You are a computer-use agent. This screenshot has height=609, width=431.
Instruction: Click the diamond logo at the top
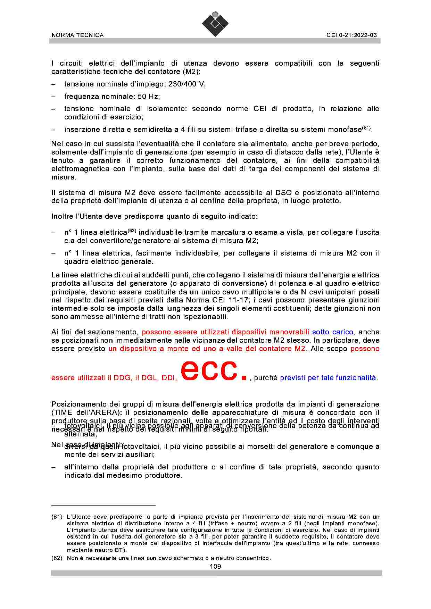pos(215,24)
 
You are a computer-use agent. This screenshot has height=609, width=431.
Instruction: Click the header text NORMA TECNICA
pos(77,35)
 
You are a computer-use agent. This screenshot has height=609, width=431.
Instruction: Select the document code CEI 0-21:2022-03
pos(351,35)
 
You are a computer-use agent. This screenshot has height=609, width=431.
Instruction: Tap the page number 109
pos(215,566)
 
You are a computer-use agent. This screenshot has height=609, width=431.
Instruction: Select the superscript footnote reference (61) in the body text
pos(367,128)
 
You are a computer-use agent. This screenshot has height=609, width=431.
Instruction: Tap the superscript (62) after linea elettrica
pos(132,231)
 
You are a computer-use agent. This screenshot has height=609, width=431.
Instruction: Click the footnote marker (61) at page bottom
pos(57,517)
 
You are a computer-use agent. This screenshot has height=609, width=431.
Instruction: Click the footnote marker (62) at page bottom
pos(57,558)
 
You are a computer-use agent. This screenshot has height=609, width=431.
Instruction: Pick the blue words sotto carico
pos(332,332)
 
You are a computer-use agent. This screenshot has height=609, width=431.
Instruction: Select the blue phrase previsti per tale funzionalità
pos(328,378)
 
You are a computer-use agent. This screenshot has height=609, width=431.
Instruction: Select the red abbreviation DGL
pos(148,378)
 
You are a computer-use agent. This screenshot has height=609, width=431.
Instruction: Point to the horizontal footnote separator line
pos(103,506)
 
